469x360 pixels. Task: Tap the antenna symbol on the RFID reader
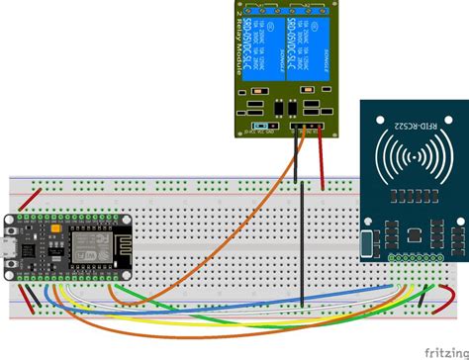pyautogui.click(x=409, y=157)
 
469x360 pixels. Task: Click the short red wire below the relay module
pyautogui.click(x=322, y=158)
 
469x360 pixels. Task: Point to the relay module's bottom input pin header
pyautogui.click(x=304, y=127)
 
